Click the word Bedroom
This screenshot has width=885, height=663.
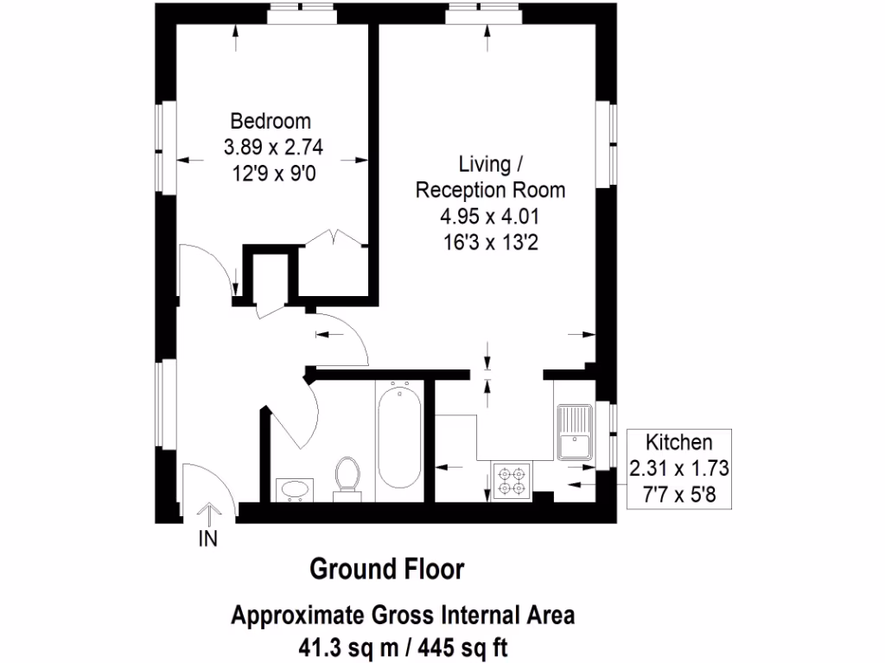point(271,121)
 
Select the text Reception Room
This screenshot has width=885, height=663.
point(490,190)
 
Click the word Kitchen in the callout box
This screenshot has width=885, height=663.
point(681,443)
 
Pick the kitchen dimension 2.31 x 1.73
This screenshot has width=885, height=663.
point(681,469)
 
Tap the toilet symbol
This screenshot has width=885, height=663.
point(347,476)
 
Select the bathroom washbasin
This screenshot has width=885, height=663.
point(294,489)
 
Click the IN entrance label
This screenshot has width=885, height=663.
point(208,540)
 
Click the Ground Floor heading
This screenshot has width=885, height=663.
point(386,570)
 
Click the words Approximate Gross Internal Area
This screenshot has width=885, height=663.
point(403,616)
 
